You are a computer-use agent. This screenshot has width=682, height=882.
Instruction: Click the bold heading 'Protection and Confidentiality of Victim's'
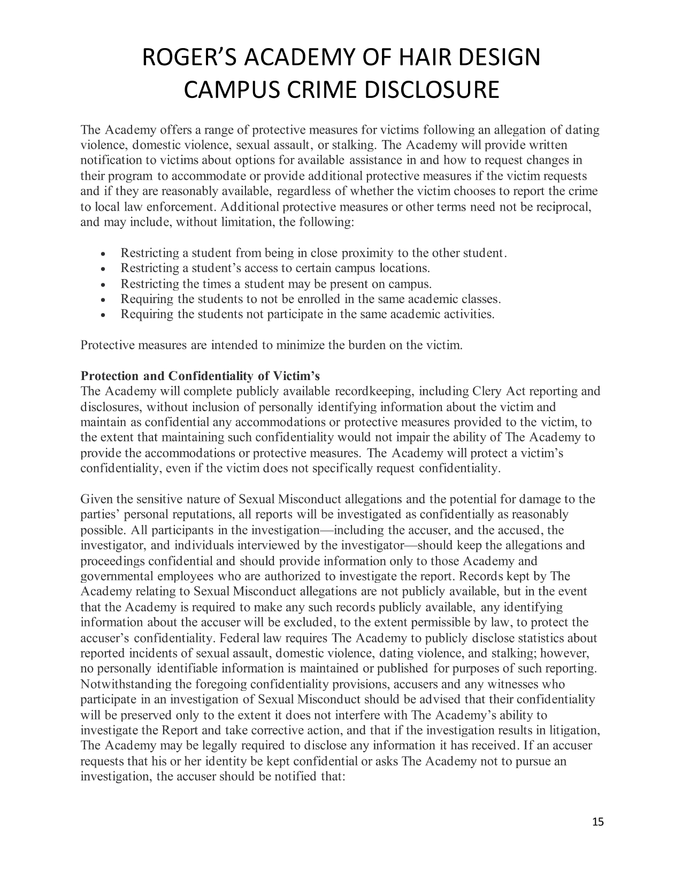pyautogui.click(x=200, y=376)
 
